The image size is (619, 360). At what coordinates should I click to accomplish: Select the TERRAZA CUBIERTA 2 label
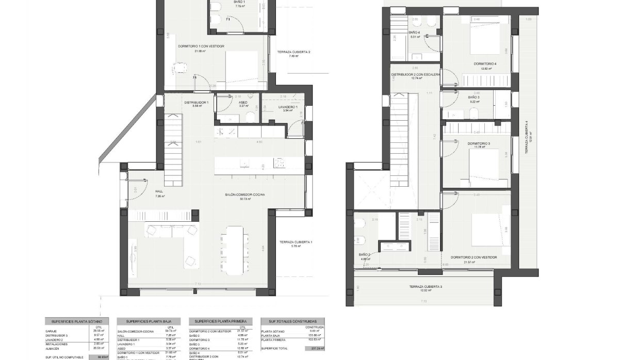coord(294,52)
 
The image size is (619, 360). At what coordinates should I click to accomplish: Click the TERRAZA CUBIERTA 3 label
coord(426,287)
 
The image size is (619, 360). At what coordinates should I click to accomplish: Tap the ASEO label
coord(243,103)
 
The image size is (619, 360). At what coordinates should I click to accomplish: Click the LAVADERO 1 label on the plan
coord(286,107)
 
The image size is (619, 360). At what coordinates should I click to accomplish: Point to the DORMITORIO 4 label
coord(485,64)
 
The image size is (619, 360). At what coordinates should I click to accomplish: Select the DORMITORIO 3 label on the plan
coord(479,143)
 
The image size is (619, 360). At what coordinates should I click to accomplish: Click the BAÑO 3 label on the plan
coord(474,97)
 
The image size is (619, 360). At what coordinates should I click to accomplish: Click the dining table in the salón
coord(235,250)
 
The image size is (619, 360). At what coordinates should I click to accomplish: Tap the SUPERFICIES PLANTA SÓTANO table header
coord(76,321)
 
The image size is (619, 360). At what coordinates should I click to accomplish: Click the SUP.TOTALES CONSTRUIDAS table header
coord(292,321)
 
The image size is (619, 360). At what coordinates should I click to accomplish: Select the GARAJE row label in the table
coord(51,331)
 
